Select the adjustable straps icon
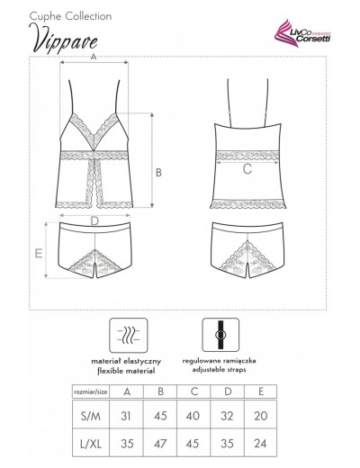[x=220, y=335]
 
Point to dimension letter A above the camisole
[x=94, y=57]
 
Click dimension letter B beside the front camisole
[x=157, y=171]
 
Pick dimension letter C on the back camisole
[x=246, y=168]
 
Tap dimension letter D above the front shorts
[x=94, y=219]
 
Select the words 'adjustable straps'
[x=220, y=370]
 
